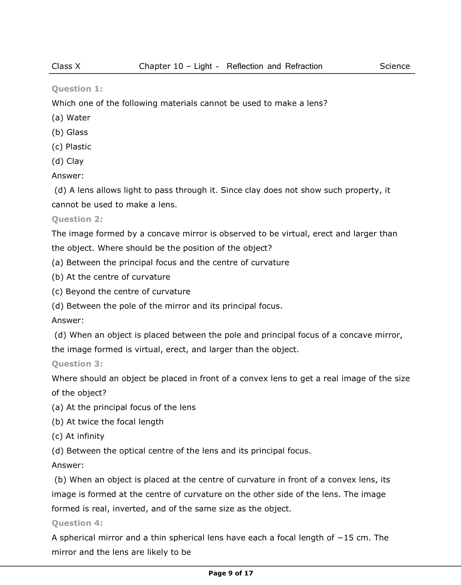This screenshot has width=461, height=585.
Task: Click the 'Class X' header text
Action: (x=66, y=66)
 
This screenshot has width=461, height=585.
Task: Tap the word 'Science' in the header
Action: (x=394, y=66)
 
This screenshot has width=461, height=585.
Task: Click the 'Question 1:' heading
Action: (x=77, y=89)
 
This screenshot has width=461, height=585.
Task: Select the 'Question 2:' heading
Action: (x=77, y=219)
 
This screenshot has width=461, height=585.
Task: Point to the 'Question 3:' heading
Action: (x=77, y=364)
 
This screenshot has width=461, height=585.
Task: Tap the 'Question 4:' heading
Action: (x=77, y=523)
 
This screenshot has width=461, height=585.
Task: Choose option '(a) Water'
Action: (x=71, y=118)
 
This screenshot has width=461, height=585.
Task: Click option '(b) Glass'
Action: (x=70, y=132)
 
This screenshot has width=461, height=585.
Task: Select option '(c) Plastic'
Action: (x=71, y=147)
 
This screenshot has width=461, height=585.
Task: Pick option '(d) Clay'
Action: (x=68, y=161)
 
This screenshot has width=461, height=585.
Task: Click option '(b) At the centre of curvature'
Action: (x=111, y=277)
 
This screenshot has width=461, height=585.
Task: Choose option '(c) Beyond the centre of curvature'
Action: (x=121, y=292)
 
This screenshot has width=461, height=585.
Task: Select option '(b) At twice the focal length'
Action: (x=108, y=422)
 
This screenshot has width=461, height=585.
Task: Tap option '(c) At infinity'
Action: (x=78, y=436)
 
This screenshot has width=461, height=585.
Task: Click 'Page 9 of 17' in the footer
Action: (x=231, y=573)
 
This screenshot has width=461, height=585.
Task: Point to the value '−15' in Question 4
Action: (x=345, y=538)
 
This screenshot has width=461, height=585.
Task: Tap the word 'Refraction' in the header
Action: (x=304, y=66)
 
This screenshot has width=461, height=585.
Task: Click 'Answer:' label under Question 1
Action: (x=68, y=176)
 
